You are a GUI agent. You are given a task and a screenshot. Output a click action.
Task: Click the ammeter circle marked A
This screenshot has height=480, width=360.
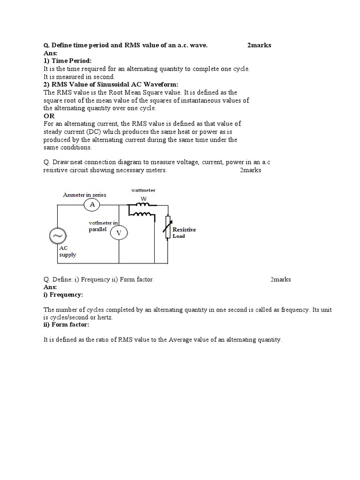pyautogui.click(x=92, y=205)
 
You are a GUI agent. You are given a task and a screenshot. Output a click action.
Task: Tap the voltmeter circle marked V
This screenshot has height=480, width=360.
pyautogui.click(x=119, y=233)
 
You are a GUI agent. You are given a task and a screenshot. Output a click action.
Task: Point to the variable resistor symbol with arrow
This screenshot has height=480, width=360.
pyautogui.click(x=167, y=228)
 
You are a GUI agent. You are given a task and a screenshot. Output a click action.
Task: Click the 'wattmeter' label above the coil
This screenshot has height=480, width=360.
pyautogui.click(x=143, y=190)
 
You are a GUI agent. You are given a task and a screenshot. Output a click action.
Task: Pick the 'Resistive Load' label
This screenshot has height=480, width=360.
pyautogui.click(x=184, y=233)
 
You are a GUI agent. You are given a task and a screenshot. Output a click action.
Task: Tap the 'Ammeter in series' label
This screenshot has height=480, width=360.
pyautogui.click(x=85, y=195)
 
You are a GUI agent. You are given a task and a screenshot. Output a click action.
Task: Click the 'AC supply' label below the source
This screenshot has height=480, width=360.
pyautogui.click(x=67, y=251)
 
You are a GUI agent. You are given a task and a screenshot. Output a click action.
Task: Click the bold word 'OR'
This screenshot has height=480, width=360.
pyautogui.click(x=49, y=116)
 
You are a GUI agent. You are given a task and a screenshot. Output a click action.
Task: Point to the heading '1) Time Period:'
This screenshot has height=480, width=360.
pyautogui.click(x=68, y=61)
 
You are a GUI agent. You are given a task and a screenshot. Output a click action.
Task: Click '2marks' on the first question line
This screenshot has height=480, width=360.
pyautogui.click(x=259, y=45)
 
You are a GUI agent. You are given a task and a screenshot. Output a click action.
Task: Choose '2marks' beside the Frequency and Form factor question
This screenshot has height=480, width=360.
pyautogui.click(x=280, y=279)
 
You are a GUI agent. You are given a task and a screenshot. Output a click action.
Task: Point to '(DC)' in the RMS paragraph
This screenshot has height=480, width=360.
pyautogui.click(x=94, y=132)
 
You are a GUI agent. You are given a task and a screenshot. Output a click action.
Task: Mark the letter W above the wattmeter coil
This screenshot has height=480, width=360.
pyautogui.click(x=143, y=198)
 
